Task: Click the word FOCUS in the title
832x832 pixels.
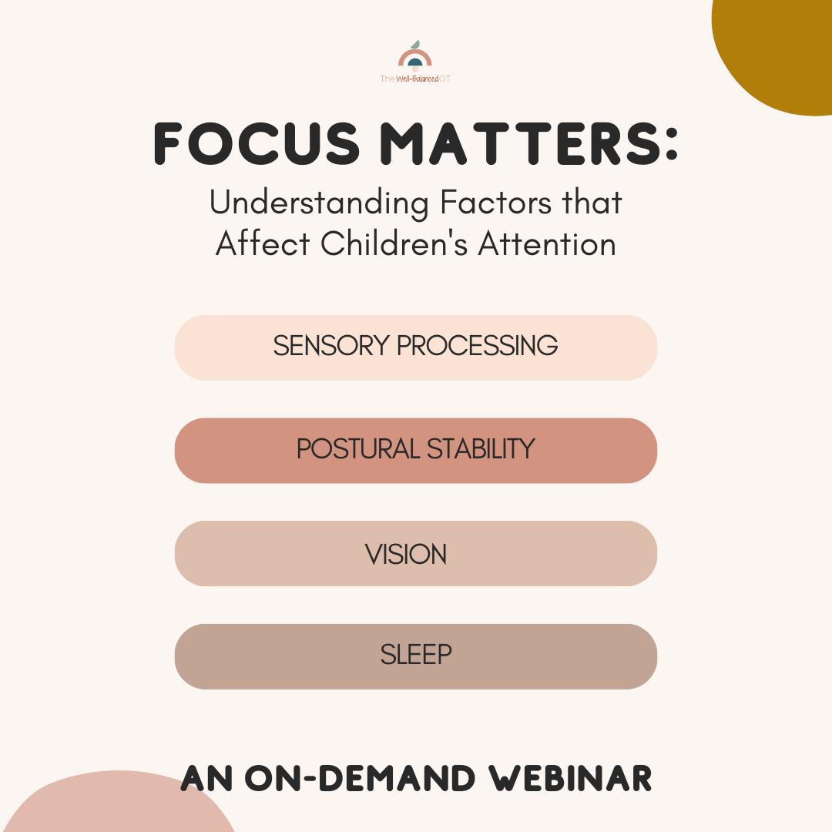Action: pos(257,144)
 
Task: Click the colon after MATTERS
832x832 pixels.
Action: pos(671,144)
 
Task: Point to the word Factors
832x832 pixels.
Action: pos(496,203)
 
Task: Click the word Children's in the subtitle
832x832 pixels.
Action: pos(394,243)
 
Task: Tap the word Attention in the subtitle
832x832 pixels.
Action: pos(547,244)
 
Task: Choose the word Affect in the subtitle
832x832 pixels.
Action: pos(263,243)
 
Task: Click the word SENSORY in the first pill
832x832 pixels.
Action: pos(331,346)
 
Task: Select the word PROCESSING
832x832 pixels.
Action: pos(478,346)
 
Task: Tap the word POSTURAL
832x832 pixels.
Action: pos(358,449)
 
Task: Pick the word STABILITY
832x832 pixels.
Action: pos(481,449)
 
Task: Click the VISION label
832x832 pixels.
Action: pos(406,555)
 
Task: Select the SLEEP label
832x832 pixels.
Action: pos(416,655)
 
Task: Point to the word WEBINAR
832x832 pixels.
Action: pos(570,779)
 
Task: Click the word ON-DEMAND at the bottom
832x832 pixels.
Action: pos(360,779)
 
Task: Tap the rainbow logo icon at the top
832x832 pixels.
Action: pos(415,56)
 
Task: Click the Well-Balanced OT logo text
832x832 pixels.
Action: pos(415,79)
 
